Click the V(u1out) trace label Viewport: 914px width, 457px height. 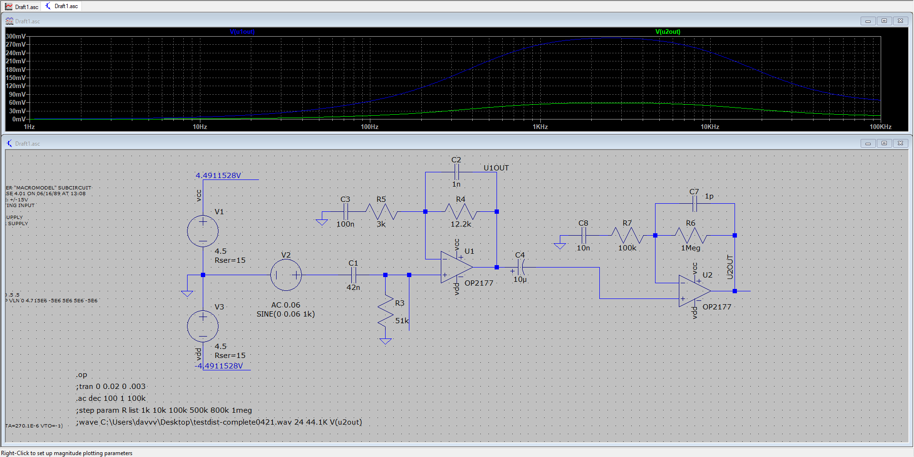click(242, 32)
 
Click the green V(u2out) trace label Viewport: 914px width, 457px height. click(667, 32)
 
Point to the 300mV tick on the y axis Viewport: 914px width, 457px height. click(15, 36)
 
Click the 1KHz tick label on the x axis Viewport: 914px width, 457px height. click(540, 127)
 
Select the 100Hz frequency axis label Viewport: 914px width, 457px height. click(369, 127)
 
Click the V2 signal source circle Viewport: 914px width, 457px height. click(286, 275)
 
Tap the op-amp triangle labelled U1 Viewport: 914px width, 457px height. click(455, 268)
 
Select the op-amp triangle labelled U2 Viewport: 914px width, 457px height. click(694, 291)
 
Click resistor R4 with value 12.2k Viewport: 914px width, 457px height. click(460, 211)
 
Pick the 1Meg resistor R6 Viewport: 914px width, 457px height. click(690, 235)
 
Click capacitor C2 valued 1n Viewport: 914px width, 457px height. click(456, 172)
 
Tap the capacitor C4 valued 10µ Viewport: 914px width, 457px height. click(520, 268)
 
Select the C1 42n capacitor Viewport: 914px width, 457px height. click(353, 275)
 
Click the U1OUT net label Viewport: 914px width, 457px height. click(496, 168)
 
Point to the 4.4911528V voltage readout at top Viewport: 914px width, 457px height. click(218, 176)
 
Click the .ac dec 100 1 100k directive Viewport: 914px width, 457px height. click(111, 398)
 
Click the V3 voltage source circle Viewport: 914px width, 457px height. click(203, 326)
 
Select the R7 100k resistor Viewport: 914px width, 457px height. click(627, 235)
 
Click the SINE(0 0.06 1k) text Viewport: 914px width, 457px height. click(286, 314)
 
